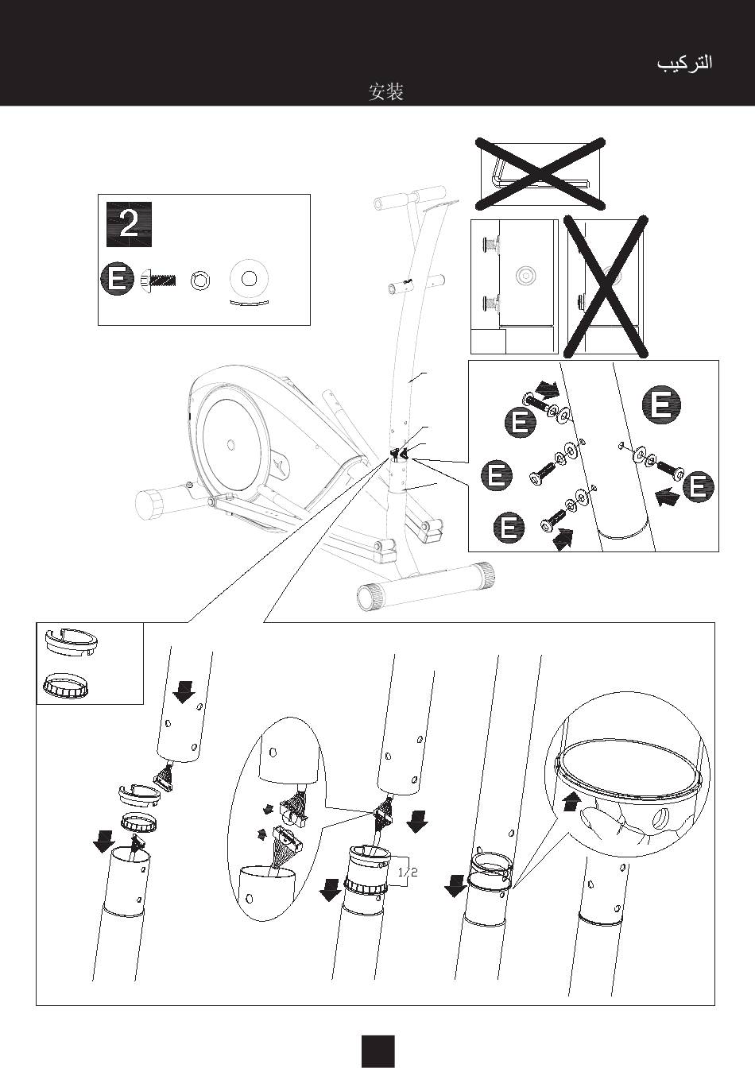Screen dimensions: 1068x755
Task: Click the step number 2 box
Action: [x=129, y=225]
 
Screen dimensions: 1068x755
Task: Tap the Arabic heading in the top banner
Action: [x=684, y=63]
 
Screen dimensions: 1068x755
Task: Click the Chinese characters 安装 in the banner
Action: [x=386, y=92]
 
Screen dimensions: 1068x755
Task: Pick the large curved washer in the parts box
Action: [x=250, y=281]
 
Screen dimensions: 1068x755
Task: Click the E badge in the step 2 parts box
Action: [x=117, y=280]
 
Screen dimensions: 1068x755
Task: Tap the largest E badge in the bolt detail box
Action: [x=660, y=404]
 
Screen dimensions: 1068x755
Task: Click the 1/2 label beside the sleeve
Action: [x=407, y=872]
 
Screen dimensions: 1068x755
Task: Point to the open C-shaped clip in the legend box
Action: [x=69, y=642]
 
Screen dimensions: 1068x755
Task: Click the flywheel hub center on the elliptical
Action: [x=230, y=443]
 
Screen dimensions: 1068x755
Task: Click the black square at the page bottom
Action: [x=377, y=1051]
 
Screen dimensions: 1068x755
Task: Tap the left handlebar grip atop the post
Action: [x=387, y=200]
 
